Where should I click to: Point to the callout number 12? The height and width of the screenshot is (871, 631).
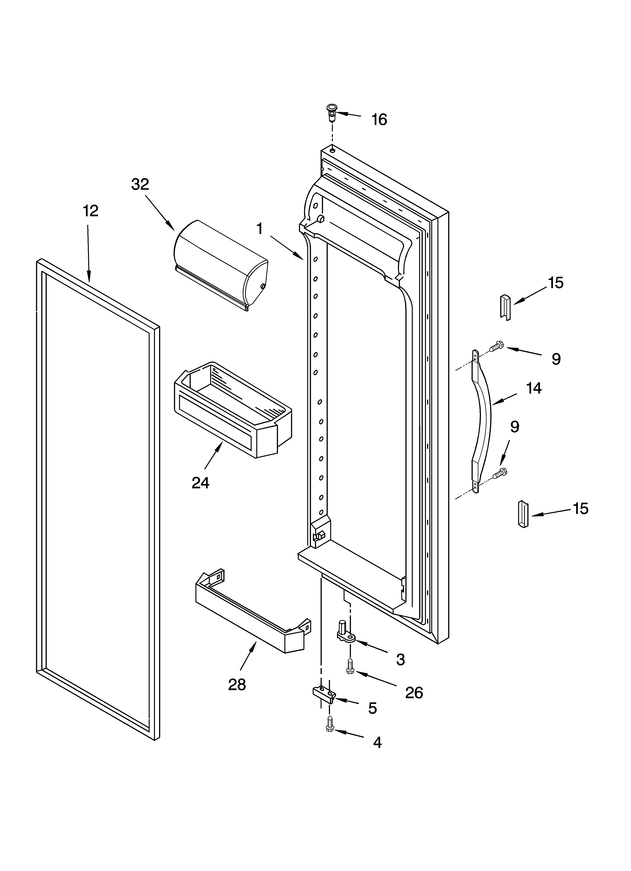coord(91,211)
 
